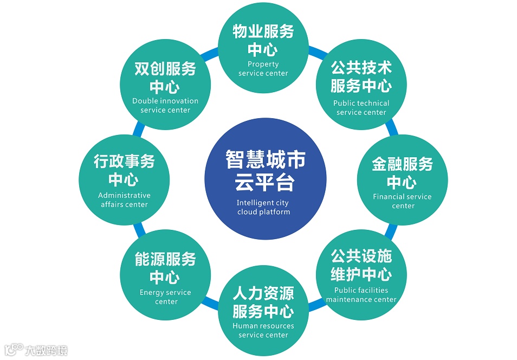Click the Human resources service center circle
click(263, 311)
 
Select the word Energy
click(151, 293)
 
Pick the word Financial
click(389, 196)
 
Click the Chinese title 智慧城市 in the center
click(266, 159)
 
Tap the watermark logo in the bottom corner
click(36, 350)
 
